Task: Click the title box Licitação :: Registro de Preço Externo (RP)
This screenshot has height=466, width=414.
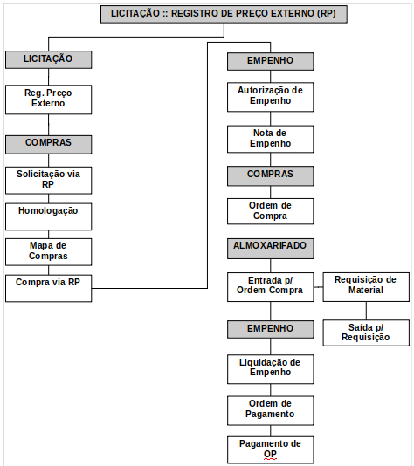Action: pyautogui.click(x=224, y=14)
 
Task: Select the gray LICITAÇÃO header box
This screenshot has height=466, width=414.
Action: pyautogui.click(x=49, y=59)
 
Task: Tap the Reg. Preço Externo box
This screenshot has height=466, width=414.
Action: pyautogui.click(x=49, y=99)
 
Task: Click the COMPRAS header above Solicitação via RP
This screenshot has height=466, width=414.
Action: pyautogui.click(x=49, y=145)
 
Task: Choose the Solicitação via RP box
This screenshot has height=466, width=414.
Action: pyautogui.click(x=49, y=180)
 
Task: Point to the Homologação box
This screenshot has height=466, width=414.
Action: pyautogui.click(x=49, y=216)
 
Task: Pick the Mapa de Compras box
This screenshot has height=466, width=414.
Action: pyautogui.click(x=49, y=251)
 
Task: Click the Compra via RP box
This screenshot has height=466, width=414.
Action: pyautogui.click(x=49, y=288)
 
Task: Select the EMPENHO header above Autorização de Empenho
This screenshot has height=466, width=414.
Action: pyautogui.click(x=271, y=61)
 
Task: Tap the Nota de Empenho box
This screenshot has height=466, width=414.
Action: pyautogui.click(x=271, y=139)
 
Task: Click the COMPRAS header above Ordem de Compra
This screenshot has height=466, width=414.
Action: pyautogui.click(x=271, y=176)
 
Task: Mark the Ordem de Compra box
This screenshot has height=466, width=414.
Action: pyautogui.click(x=271, y=211)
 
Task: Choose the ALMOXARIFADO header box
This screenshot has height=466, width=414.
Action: pyautogui.click(x=271, y=249)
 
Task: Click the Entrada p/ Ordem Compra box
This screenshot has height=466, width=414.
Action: pyautogui.click(x=271, y=287)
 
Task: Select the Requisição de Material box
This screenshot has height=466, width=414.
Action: pyautogui.click(x=366, y=287)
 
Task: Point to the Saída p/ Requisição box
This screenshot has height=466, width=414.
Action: pyautogui.click(x=366, y=332)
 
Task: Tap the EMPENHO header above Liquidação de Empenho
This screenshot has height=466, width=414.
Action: pyautogui.click(x=271, y=329)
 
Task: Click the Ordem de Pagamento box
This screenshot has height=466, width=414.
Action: pyautogui.click(x=271, y=410)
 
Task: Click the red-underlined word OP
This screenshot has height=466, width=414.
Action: pyautogui.click(x=270, y=455)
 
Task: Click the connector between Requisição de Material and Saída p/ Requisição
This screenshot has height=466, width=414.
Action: pyautogui.click(x=366, y=311)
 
